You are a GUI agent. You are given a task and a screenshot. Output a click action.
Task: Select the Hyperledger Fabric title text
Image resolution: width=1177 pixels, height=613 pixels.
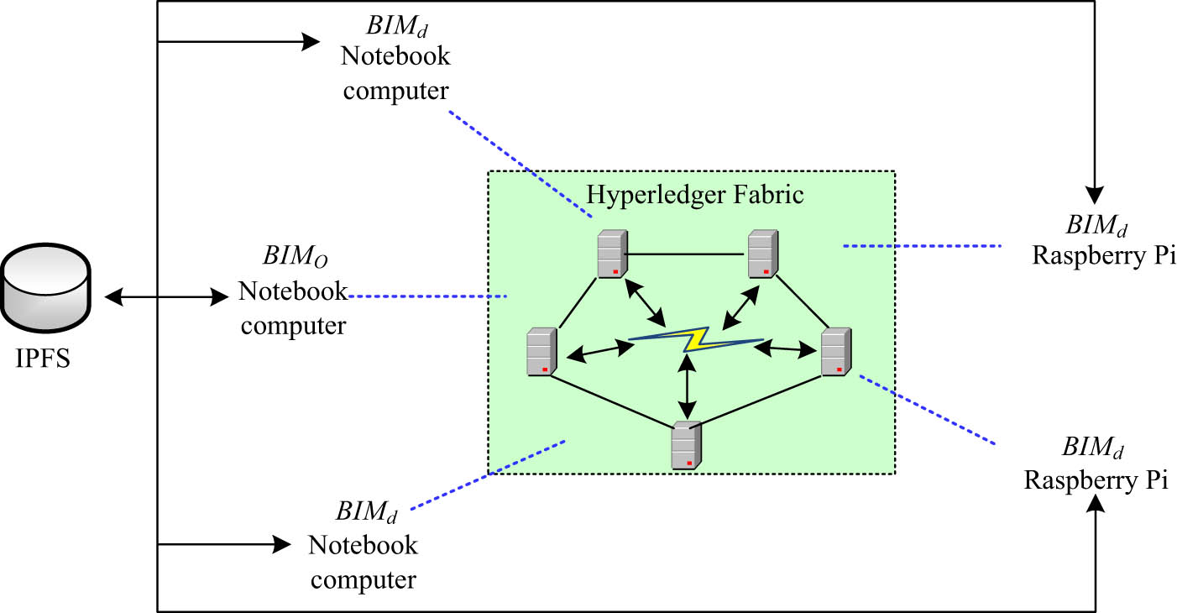coord(694,195)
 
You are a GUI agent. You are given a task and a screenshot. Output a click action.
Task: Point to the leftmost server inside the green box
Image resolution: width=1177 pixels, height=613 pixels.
coord(541,352)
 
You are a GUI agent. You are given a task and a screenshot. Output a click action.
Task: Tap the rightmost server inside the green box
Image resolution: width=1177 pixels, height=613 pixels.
coord(834,352)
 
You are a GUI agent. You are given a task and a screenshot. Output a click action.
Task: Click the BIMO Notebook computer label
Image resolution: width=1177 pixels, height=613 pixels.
coord(292,290)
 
